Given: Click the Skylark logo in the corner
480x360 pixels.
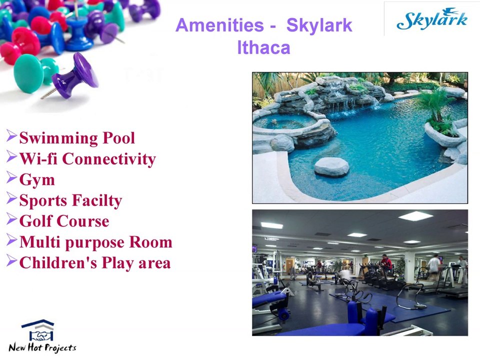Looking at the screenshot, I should (x=431, y=19).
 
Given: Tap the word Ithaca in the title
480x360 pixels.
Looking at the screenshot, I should (x=263, y=48).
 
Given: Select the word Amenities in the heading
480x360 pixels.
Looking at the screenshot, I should (x=218, y=25).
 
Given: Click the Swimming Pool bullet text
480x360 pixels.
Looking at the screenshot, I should (x=77, y=138).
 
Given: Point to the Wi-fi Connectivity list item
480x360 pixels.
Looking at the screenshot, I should (x=87, y=159).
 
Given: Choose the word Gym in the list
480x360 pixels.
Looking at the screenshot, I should (x=37, y=180).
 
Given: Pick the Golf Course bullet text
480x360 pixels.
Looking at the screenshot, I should (x=64, y=221).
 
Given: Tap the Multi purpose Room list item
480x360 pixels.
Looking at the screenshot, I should (x=95, y=242).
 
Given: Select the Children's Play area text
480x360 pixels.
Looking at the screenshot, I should (x=95, y=263).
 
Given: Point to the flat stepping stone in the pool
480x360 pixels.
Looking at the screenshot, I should (x=331, y=166).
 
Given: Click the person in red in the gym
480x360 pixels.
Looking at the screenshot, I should (x=386, y=263).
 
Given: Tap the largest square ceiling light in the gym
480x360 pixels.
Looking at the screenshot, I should (x=415, y=216).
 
